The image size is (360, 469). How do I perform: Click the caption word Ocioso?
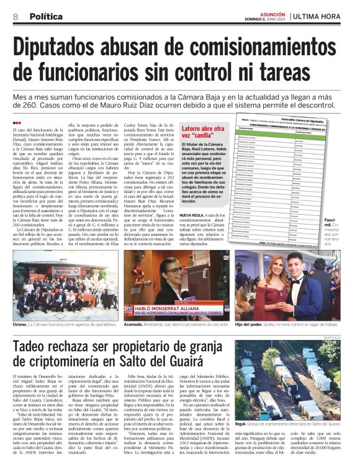(22, 323)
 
